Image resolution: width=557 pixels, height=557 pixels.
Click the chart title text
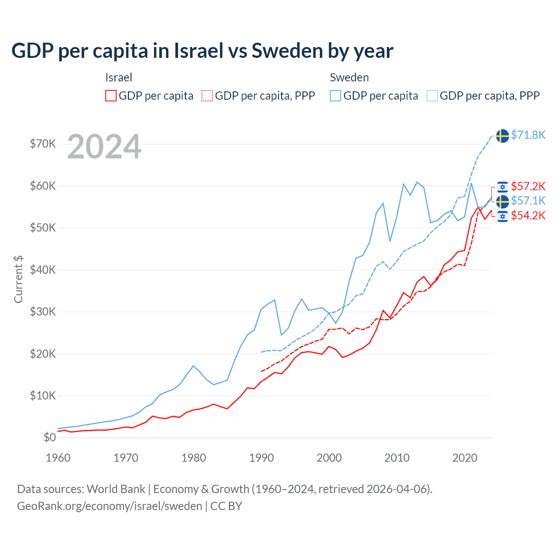202,51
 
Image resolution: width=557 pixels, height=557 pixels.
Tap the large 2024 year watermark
104,147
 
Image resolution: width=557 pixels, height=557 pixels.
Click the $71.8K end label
528,135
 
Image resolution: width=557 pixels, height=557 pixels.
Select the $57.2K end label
528,186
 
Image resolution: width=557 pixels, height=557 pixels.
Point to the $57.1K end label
528,201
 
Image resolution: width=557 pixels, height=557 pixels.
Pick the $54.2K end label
528,215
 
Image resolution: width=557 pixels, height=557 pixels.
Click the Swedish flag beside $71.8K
503,136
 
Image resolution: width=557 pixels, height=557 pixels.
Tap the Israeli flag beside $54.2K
503,216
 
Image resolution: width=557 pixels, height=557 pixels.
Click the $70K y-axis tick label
43,144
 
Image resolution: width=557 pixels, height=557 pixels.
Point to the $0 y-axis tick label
50,437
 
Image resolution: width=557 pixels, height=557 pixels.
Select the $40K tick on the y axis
43,270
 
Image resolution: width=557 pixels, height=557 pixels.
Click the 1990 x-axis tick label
262,458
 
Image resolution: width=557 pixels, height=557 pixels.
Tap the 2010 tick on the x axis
397,458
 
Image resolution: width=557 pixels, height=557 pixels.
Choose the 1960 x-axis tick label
58,458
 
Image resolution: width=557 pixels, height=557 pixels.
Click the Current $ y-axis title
18,279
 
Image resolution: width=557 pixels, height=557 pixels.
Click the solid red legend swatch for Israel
111,96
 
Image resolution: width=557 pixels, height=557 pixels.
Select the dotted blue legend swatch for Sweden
432,96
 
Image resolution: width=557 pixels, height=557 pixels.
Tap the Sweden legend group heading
349,77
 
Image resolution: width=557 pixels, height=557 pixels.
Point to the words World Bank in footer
116,489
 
